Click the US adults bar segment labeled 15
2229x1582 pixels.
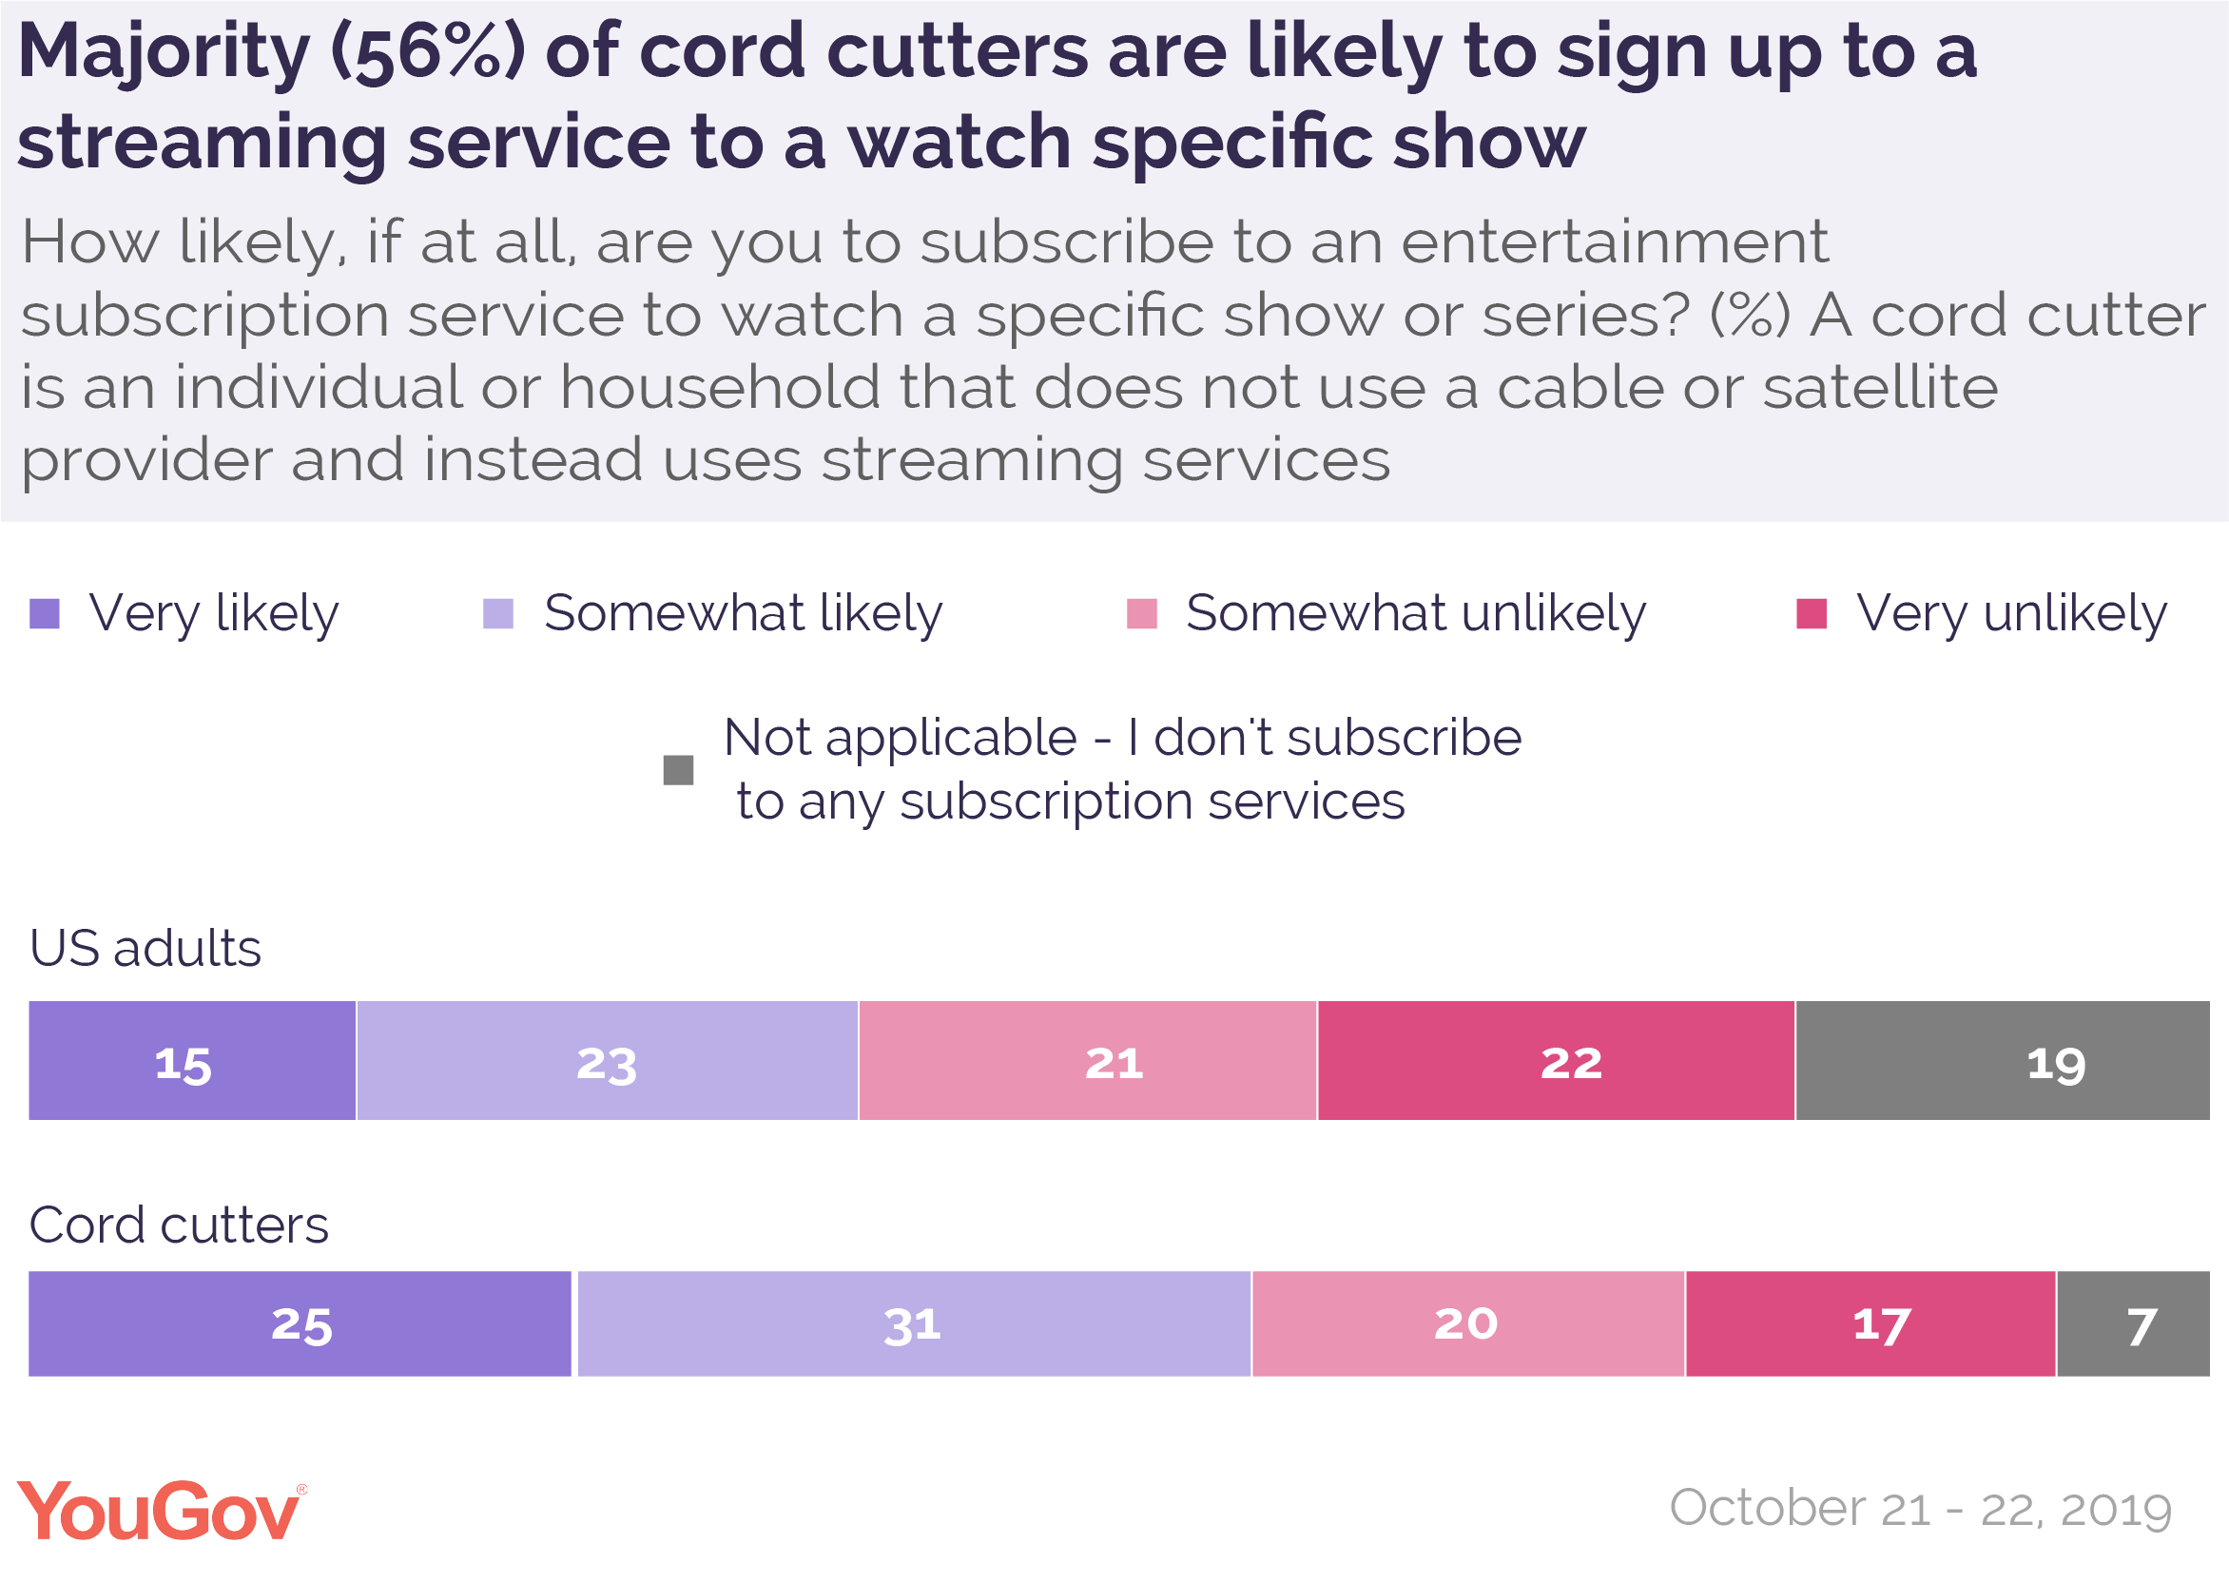tap(192, 1061)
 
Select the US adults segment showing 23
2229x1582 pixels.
tap(607, 1061)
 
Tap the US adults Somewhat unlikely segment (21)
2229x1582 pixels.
tap(1087, 1061)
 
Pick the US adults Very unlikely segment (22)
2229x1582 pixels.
tap(1556, 1061)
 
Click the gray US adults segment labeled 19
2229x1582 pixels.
tap(2002, 1061)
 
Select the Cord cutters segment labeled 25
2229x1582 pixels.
tap(300, 1323)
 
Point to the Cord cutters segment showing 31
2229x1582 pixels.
tap(914, 1323)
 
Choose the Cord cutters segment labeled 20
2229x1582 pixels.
tap(1468, 1323)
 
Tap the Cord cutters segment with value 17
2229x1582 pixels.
tap(1870, 1323)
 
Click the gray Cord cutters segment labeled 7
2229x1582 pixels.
tap(2134, 1323)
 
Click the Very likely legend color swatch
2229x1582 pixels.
tap(45, 614)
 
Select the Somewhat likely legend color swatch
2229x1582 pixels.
tap(498, 614)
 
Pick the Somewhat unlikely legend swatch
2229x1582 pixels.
tap(1142, 614)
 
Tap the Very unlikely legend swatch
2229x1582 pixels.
tap(1811, 614)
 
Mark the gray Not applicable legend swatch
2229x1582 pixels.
tap(678, 769)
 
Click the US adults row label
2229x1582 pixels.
tap(145, 948)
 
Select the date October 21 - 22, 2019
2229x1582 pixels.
tap(1920, 1509)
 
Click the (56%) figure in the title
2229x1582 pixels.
tap(429, 52)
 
